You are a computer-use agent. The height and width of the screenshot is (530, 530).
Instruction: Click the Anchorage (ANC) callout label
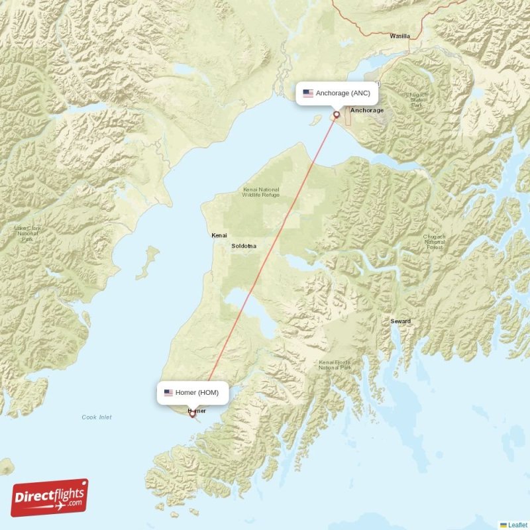tap(337, 93)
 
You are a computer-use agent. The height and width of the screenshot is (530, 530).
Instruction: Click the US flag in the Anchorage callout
tap(308, 93)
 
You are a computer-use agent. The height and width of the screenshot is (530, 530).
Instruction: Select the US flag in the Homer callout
tap(168, 393)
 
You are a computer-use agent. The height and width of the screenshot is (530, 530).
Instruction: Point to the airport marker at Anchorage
tap(337, 115)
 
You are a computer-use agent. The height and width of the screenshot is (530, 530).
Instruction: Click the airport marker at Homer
tap(192, 414)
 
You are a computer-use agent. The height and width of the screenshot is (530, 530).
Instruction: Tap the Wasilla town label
tap(399, 36)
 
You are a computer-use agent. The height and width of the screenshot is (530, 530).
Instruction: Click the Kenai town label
tap(219, 235)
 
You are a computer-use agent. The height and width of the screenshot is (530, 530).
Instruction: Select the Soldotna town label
tap(243, 246)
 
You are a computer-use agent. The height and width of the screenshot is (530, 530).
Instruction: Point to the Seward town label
tap(400, 321)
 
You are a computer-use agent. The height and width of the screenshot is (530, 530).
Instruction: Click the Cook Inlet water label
tap(97, 417)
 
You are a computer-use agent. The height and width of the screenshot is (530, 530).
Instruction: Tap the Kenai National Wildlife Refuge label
tap(260, 192)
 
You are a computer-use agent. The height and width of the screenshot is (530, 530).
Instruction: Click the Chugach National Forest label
tap(435, 242)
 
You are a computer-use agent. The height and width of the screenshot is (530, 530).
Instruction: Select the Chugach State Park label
tap(416, 100)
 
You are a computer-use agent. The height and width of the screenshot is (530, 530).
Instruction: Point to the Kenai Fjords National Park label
tap(335, 365)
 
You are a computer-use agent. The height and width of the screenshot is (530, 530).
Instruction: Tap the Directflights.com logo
tap(50, 498)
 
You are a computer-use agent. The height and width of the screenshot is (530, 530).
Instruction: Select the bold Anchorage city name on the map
tap(367, 110)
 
